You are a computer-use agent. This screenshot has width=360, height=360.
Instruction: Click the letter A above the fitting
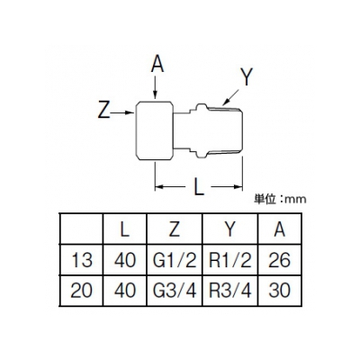157,65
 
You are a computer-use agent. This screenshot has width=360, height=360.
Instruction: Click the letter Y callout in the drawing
247,76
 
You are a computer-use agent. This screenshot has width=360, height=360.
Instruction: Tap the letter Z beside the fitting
103,110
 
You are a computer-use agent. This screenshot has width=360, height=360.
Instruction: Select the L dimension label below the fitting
198,188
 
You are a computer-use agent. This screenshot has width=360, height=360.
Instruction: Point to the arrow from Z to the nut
122,112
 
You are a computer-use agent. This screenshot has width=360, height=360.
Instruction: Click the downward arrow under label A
155,87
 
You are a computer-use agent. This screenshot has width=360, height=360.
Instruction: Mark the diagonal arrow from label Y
230,97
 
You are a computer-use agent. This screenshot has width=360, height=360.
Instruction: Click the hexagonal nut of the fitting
155,130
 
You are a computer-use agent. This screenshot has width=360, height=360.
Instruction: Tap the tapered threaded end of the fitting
224,130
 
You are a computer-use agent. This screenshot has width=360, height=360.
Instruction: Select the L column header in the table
124,229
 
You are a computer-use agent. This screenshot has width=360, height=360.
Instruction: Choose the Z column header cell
175,229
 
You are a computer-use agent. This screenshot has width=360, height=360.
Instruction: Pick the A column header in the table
279,229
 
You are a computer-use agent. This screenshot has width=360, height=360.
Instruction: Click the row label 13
81,260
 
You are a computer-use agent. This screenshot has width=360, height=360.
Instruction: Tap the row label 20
81,291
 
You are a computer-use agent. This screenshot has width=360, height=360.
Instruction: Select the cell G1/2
175,259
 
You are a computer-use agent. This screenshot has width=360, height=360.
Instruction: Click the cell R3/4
230,291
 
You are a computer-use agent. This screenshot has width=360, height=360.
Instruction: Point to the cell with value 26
279,259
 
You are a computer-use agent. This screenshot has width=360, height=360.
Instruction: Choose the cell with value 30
279,291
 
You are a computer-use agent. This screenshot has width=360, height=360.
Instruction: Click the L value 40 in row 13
125,260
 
